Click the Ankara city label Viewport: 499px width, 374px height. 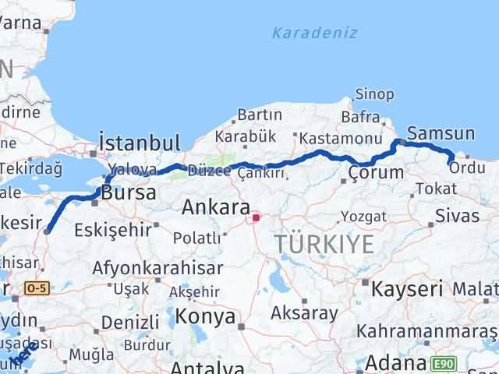(216, 208)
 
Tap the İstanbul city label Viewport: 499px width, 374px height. (140, 143)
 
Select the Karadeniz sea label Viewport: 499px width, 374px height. (315, 33)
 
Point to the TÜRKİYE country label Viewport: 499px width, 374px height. (324, 245)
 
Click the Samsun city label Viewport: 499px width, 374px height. (441, 134)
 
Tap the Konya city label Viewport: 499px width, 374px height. (206, 316)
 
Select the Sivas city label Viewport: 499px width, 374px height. (458, 215)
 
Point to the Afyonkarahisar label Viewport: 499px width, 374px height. (157, 268)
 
